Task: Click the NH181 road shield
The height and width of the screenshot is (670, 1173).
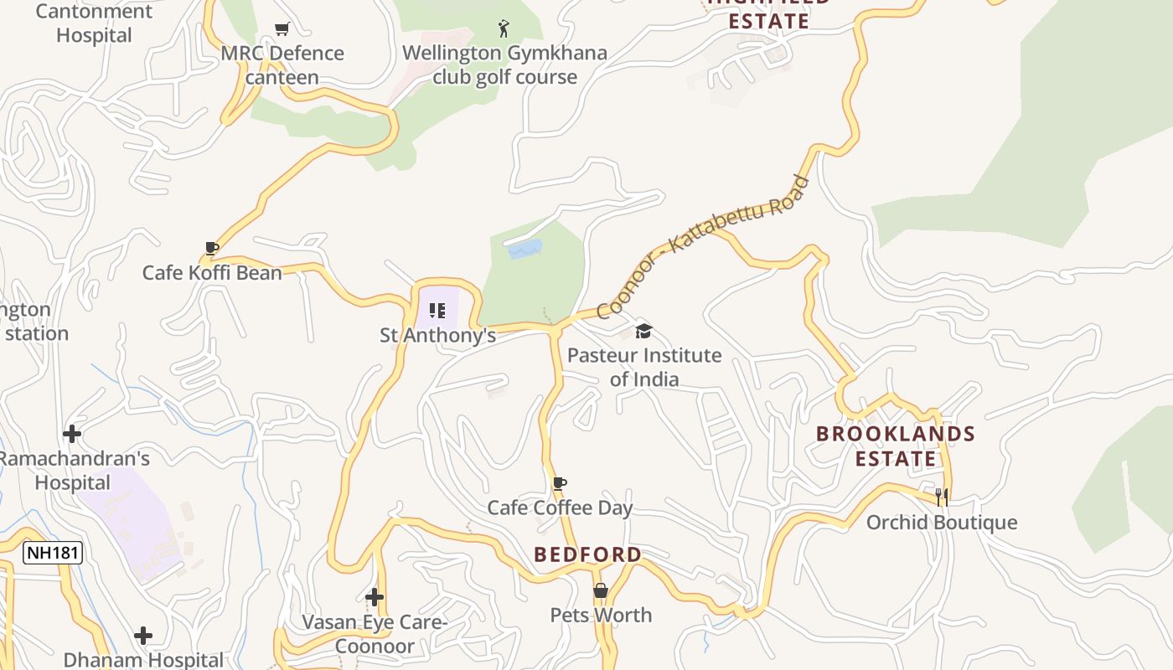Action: (x=52, y=553)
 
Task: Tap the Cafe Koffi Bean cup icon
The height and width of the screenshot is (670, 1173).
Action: (x=212, y=249)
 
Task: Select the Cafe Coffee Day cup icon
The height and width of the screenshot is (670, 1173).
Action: (x=560, y=483)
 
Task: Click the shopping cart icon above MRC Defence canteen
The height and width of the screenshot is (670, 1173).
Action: (x=282, y=29)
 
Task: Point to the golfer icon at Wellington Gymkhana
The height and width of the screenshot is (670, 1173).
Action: (x=503, y=28)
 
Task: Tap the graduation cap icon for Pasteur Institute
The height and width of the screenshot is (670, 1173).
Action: (x=643, y=331)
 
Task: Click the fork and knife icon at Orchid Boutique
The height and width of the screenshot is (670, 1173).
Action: (x=942, y=497)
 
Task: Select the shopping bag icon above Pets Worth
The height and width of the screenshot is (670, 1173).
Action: (x=601, y=590)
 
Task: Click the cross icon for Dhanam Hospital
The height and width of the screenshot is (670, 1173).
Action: (x=143, y=636)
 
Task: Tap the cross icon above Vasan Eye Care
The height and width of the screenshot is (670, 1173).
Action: (x=375, y=597)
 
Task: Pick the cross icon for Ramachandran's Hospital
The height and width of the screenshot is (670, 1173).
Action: (x=72, y=434)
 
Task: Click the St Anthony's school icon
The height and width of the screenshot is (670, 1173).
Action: (x=437, y=311)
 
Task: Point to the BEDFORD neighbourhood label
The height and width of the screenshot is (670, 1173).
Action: (x=587, y=554)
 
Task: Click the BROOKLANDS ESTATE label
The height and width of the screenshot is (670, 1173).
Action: (x=896, y=446)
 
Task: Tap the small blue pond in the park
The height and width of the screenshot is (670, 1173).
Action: (x=525, y=249)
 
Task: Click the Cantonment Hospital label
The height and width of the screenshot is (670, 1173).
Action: (x=94, y=23)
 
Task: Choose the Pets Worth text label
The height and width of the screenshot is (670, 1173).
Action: (x=601, y=616)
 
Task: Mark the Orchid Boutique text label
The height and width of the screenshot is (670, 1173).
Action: (x=942, y=523)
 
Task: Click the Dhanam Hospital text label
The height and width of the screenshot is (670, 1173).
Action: (x=143, y=660)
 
